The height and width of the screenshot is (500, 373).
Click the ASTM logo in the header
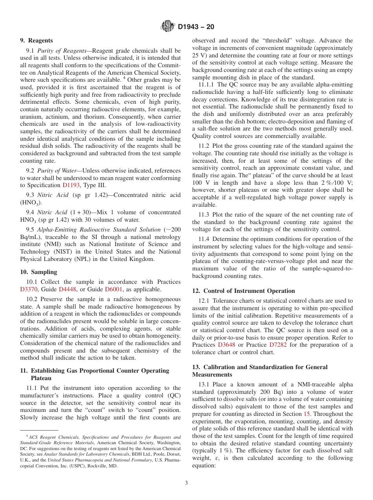(x=168, y=27)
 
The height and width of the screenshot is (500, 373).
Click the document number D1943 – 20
(x=196, y=27)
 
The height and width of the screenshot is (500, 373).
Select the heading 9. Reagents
(x=37, y=40)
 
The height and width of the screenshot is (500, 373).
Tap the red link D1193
(x=70, y=185)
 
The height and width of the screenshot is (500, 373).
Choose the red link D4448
(x=67, y=289)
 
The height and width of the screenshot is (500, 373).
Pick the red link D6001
(x=113, y=289)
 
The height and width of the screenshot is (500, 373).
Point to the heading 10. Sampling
(x=38, y=272)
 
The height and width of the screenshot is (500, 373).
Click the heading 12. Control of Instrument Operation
(x=243, y=291)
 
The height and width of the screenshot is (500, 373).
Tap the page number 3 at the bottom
(x=186, y=483)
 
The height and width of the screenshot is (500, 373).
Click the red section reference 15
(x=307, y=414)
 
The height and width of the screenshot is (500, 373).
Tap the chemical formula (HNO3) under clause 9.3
(x=31, y=203)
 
